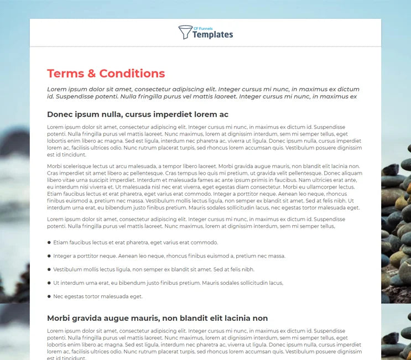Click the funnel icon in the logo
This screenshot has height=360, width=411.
[x=185, y=33]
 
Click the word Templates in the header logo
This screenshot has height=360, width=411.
[x=213, y=35]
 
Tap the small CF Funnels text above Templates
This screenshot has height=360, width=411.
[x=203, y=28]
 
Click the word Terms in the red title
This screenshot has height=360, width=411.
[x=65, y=74]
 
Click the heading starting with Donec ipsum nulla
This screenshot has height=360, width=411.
[x=138, y=114]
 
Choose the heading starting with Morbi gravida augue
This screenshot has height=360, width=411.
[x=157, y=318]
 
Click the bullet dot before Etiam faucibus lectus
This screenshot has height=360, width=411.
[x=49, y=242]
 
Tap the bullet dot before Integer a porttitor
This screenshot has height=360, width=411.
[x=49, y=256]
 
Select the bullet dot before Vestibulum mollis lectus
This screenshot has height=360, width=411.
[x=49, y=269]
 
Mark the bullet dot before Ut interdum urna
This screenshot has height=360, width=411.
[x=49, y=283]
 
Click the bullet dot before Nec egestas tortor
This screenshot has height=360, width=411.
[x=49, y=296]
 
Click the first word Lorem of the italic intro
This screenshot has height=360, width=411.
[x=56, y=89]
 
